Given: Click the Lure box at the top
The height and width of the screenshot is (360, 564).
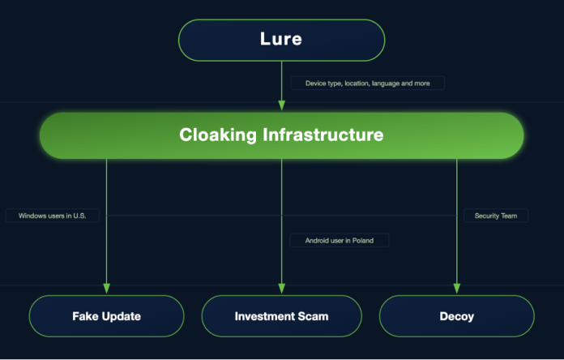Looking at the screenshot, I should [281, 40].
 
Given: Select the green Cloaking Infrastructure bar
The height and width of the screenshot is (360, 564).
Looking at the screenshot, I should [281, 135].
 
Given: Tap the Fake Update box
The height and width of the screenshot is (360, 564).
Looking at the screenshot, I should [106, 315].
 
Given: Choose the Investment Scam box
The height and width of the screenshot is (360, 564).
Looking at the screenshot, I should [281, 315].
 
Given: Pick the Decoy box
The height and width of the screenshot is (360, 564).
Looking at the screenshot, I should [456, 315].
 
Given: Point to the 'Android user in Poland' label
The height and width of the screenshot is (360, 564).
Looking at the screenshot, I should [340, 240].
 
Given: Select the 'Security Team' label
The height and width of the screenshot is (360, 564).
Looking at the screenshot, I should [496, 216].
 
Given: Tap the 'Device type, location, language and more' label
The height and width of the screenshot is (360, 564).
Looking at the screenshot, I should [367, 83].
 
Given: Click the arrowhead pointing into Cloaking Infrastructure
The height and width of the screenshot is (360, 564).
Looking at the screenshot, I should [281, 105].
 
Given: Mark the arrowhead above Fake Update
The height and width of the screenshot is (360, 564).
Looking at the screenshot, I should [106, 289].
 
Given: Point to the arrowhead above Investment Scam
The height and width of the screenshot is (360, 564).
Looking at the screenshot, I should [281, 289].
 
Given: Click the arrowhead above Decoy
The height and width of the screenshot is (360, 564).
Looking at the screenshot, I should [456, 289].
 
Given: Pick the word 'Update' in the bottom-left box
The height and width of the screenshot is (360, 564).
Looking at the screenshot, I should [121, 316].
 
